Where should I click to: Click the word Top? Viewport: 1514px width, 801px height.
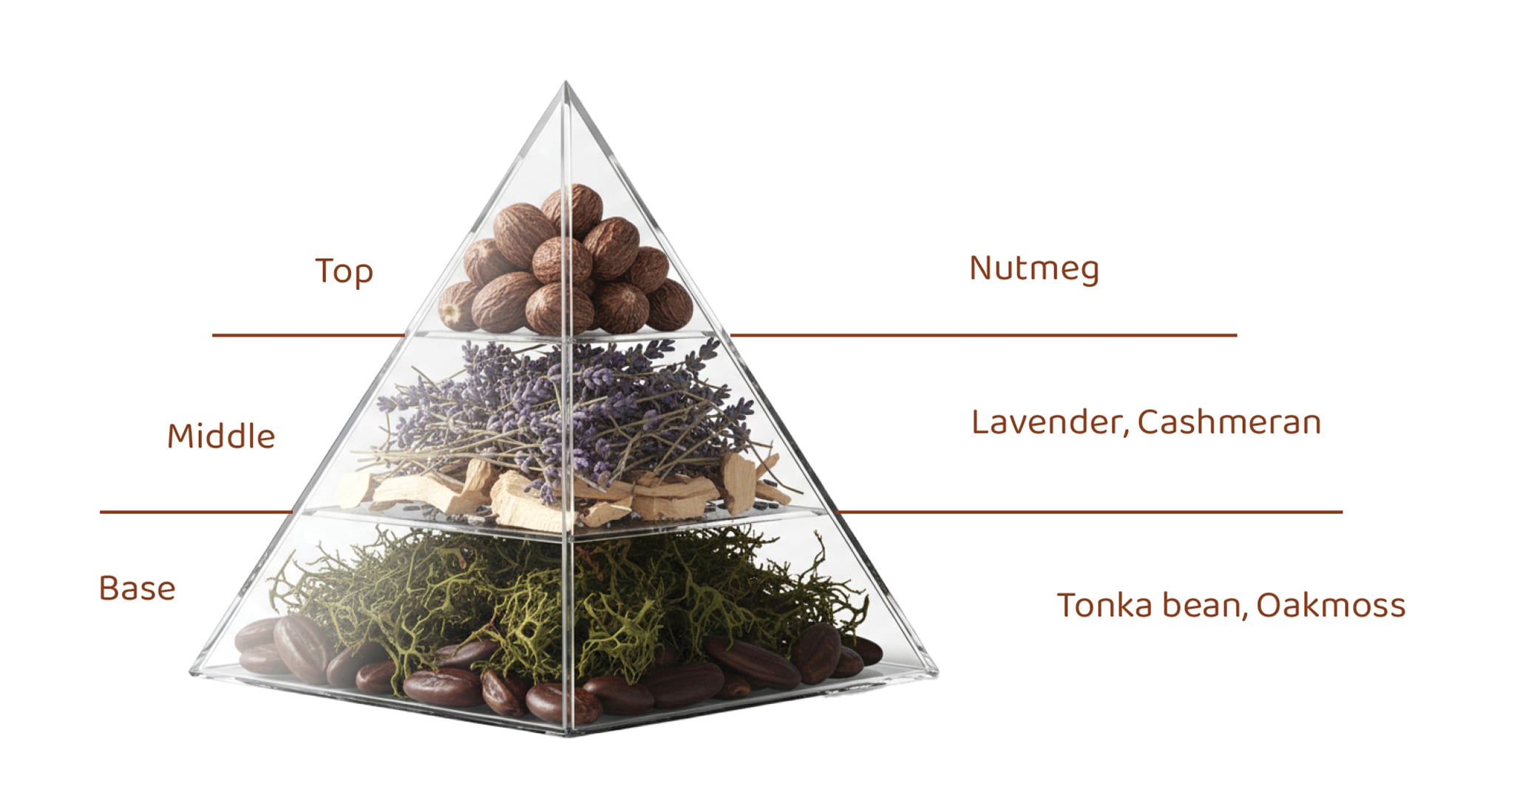pos(344,271)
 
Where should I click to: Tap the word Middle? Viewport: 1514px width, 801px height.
pos(221,436)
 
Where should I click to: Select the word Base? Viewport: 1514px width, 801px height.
pos(138,588)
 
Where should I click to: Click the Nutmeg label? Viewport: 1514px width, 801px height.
pos(1033,268)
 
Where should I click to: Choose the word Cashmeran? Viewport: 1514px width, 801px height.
pos(1229,422)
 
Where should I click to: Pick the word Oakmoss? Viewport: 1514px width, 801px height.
pos(1331,605)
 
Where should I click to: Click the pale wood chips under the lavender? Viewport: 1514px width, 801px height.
pos(562,492)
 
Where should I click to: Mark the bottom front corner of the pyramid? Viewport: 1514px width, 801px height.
pos(568,734)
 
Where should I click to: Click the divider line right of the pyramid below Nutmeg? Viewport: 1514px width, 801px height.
pos(983,335)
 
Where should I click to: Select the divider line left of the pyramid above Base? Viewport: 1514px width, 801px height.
pos(197,511)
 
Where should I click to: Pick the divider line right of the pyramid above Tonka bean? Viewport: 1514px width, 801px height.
pos(1089,511)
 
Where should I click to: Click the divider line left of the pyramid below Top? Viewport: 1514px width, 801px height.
pos(308,335)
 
